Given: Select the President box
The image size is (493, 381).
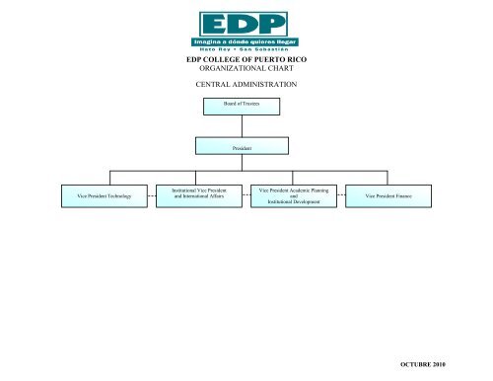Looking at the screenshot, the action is point(246,147).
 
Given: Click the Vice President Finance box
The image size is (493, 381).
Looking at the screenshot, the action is point(388,197).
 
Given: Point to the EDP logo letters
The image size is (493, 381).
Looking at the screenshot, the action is point(246,24).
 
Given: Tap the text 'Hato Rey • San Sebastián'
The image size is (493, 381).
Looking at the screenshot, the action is point(246,52).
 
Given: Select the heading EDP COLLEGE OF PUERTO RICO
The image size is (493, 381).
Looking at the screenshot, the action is point(246,63).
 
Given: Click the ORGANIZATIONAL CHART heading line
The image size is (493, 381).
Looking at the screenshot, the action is point(246,72).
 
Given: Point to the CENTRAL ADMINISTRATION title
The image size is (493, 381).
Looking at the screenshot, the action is point(246,87).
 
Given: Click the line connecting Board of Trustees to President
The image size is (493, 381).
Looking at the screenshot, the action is point(246,124).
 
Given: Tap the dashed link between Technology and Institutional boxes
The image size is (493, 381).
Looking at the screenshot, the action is point(151,197).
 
